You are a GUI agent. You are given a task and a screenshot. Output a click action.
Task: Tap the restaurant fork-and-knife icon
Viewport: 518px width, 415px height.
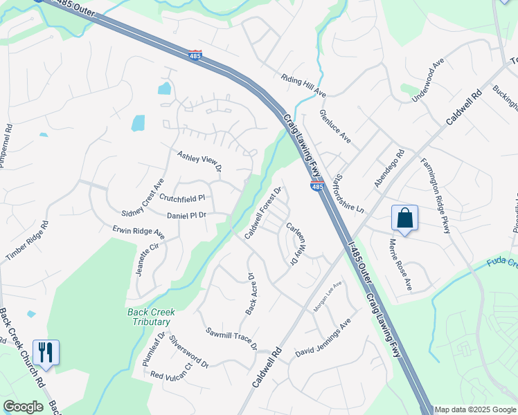[x=46, y=352]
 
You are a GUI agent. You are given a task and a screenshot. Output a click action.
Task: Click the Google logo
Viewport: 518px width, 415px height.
[x=23, y=407]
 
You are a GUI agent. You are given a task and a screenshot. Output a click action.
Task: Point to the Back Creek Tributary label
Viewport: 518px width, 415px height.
[x=149, y=317]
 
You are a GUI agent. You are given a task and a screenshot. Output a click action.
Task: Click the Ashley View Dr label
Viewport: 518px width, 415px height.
[x=199, y=161]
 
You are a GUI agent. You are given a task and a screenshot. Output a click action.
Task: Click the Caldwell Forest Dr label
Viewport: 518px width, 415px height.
[x=263, y=213]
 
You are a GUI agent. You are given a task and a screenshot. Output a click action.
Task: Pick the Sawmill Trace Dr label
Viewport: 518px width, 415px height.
[x=231, y=338]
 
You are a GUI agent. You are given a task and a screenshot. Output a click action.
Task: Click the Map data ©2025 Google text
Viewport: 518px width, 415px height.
[x=474, y=409]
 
